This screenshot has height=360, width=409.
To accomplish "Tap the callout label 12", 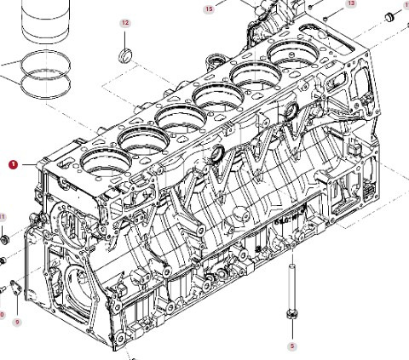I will (x=125, y=24).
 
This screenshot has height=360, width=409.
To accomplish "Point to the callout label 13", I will (x=351, y=4).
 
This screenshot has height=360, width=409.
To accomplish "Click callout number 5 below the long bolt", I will (x=291, y=346).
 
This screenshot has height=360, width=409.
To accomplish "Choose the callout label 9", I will (x=16, y=322).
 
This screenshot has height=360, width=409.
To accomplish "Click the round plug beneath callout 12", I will (x=125, y=57).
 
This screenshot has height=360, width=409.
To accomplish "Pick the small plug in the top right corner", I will (x=389, y=15).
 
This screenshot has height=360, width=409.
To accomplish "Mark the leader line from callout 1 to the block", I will (x=32, y=163).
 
